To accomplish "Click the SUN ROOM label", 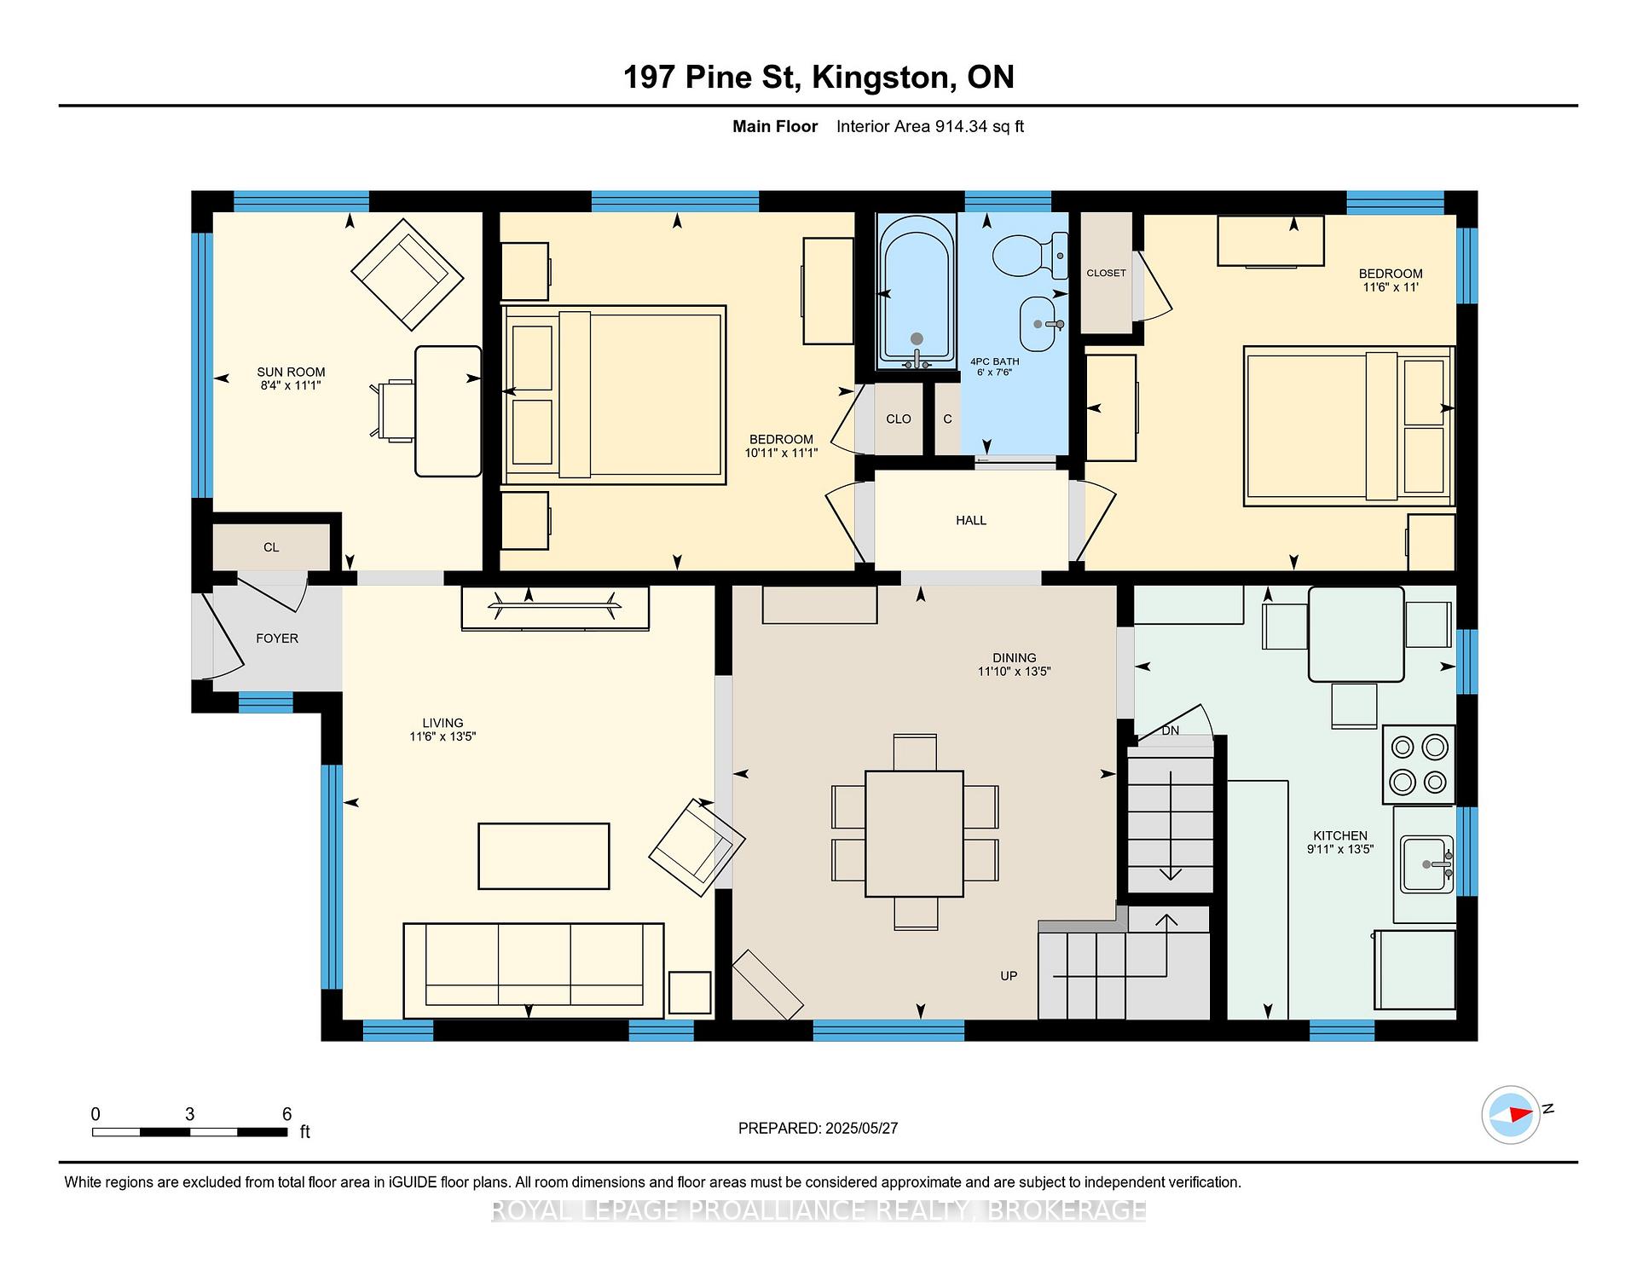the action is click(291, 372).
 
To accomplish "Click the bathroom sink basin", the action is click(1042, 324).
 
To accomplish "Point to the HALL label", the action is click(971, 520).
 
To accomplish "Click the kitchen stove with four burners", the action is click(1419, 764).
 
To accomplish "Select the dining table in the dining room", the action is click(914, 833).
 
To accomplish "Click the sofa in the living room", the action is click(534, 970).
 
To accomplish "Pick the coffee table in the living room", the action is click(544, 856).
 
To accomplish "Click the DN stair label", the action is click(1171, 731).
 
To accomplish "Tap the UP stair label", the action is click(1009, 976).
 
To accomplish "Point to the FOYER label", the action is click(277, 638).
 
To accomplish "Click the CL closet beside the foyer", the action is click(271, 547).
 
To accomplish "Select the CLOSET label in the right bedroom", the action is click(1106, 273).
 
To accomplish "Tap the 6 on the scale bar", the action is click(287, 1114).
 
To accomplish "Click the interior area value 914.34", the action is click(961, 126).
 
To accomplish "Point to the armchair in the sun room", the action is click(408, 274).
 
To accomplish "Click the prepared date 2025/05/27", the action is click(862, 1128).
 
